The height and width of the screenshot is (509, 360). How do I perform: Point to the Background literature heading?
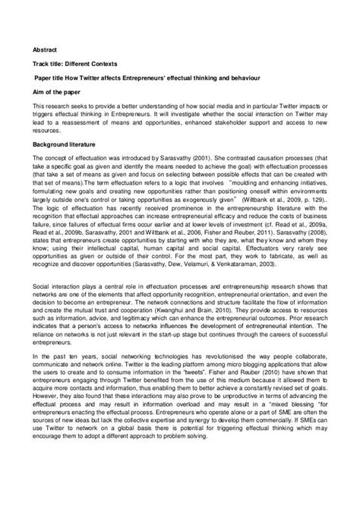click(x=58, y=143)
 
